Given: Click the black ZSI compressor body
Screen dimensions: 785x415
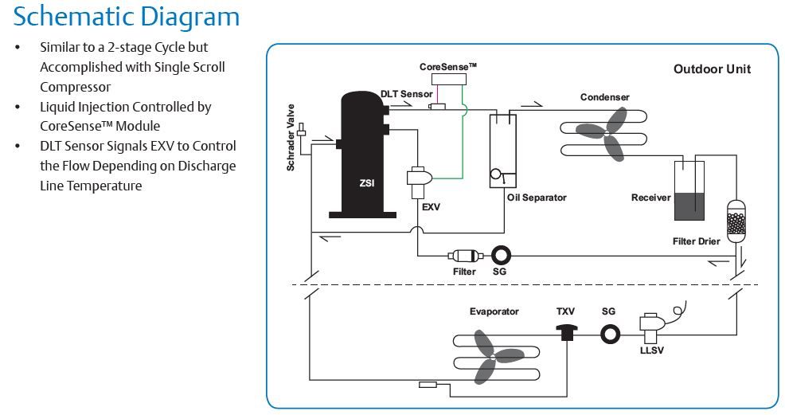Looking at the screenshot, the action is [x=363, y=155].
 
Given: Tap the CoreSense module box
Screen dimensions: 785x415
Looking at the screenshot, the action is [x=448, y=79].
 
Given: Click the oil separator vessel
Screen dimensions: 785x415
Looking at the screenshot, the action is [x=502, y=151].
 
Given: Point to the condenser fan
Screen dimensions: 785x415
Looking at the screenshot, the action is [x=606, y=134].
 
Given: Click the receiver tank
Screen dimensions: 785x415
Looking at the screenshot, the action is [x=689, y=190].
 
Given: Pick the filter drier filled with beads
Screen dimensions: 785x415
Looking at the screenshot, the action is [x=736, y=221].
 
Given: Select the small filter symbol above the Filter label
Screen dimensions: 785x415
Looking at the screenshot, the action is [x=465, y=256].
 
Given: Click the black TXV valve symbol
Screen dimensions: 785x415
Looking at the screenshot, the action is [x=567, y=332].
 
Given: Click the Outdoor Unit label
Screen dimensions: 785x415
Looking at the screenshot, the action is [x=712, y=69].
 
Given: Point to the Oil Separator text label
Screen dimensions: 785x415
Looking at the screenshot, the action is [x=537, y=198].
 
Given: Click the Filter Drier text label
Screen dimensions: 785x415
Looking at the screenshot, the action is [x=696, y=241].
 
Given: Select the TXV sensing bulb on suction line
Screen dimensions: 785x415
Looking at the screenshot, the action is [x=428, y=385].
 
